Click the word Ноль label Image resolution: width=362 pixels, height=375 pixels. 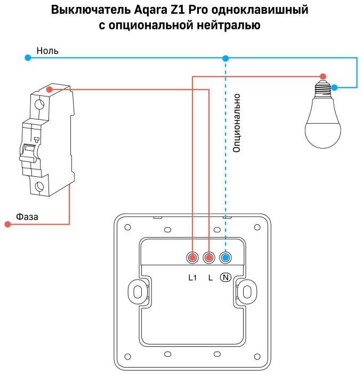[47, 51]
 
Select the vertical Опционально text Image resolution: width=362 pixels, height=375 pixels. [237, 123]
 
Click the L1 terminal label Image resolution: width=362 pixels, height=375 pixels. [192, 277]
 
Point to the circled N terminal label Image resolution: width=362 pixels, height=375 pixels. [226, 277]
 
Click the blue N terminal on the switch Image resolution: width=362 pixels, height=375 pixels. [226, 258]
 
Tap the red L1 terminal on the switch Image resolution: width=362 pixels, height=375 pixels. [192, 258]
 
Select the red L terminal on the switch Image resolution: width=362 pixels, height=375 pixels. [208, 258]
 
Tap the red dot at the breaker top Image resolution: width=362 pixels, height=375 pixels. [49, 89]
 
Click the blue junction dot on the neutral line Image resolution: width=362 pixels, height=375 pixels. [226, 58]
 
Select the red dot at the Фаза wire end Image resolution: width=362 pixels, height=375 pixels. [7, 224]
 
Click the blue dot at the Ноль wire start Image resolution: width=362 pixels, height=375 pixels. [28, 58]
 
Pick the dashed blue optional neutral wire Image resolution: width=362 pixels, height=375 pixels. [226, 160]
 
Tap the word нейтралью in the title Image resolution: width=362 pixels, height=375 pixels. [234, 25]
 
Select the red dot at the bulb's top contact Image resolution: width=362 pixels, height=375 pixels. [322, 76]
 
